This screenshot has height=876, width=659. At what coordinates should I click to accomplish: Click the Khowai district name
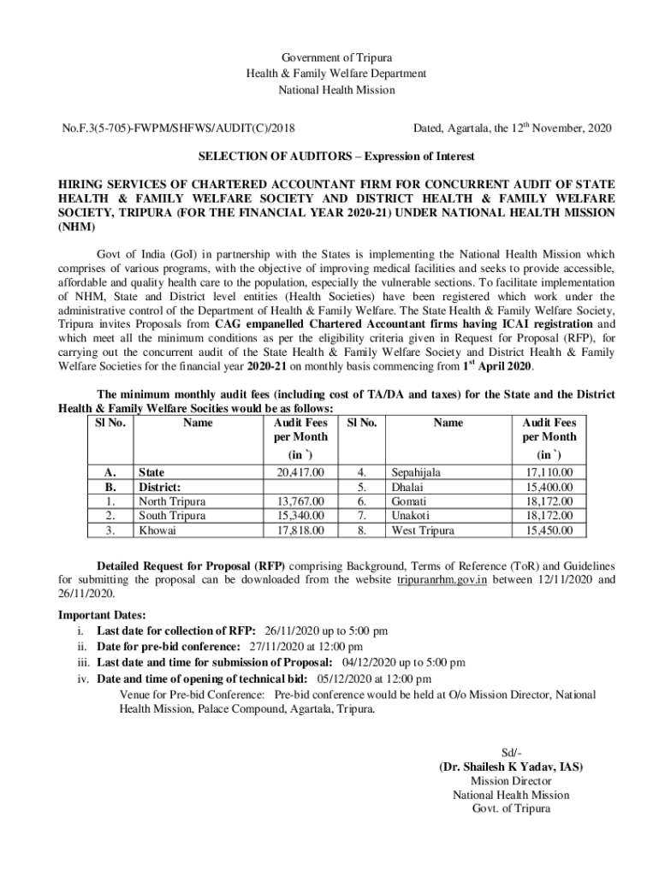tap(158, 530)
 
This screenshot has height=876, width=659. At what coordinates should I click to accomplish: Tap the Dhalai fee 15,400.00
tap(549, 486)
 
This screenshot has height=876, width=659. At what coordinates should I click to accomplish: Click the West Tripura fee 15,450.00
tap(549, 530)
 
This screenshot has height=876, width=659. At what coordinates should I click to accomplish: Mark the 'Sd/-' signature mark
tap(511, 752)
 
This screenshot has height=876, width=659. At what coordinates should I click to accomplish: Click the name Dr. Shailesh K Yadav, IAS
tap(511, 767)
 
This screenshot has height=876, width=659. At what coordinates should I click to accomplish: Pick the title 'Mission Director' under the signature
tap(511, 781)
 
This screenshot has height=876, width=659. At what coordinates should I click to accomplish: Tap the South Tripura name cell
tap(172, 516)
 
